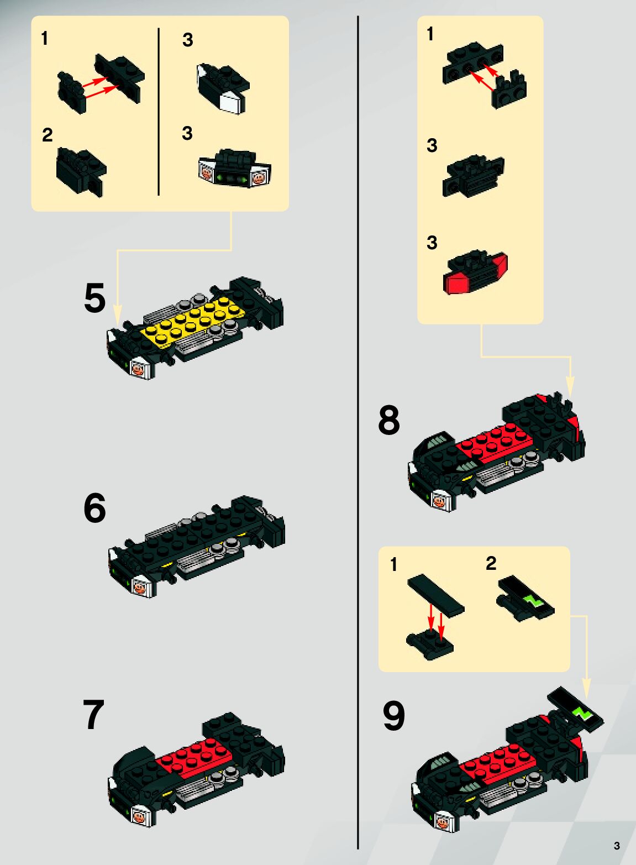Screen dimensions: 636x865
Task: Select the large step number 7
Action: point(93,714)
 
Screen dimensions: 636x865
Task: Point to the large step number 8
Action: point(389,420)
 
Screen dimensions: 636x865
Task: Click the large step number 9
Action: point(394,716)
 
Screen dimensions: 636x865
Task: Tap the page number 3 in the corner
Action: point(617,845)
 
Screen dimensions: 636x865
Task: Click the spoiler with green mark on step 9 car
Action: point(575,711)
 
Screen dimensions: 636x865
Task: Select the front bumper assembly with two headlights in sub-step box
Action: point(235,169)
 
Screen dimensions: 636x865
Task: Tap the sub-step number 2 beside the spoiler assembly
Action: point(491,563)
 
